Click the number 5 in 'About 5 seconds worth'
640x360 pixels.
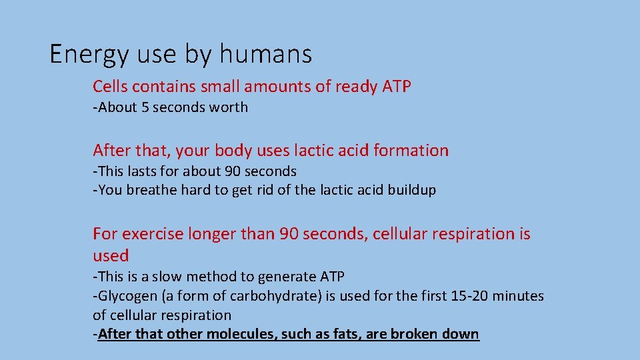tap(145, 107)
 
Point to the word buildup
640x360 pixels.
tap(412, 190)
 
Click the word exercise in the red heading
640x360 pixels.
tap(149, 234)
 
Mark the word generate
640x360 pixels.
tap(280, 277)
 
